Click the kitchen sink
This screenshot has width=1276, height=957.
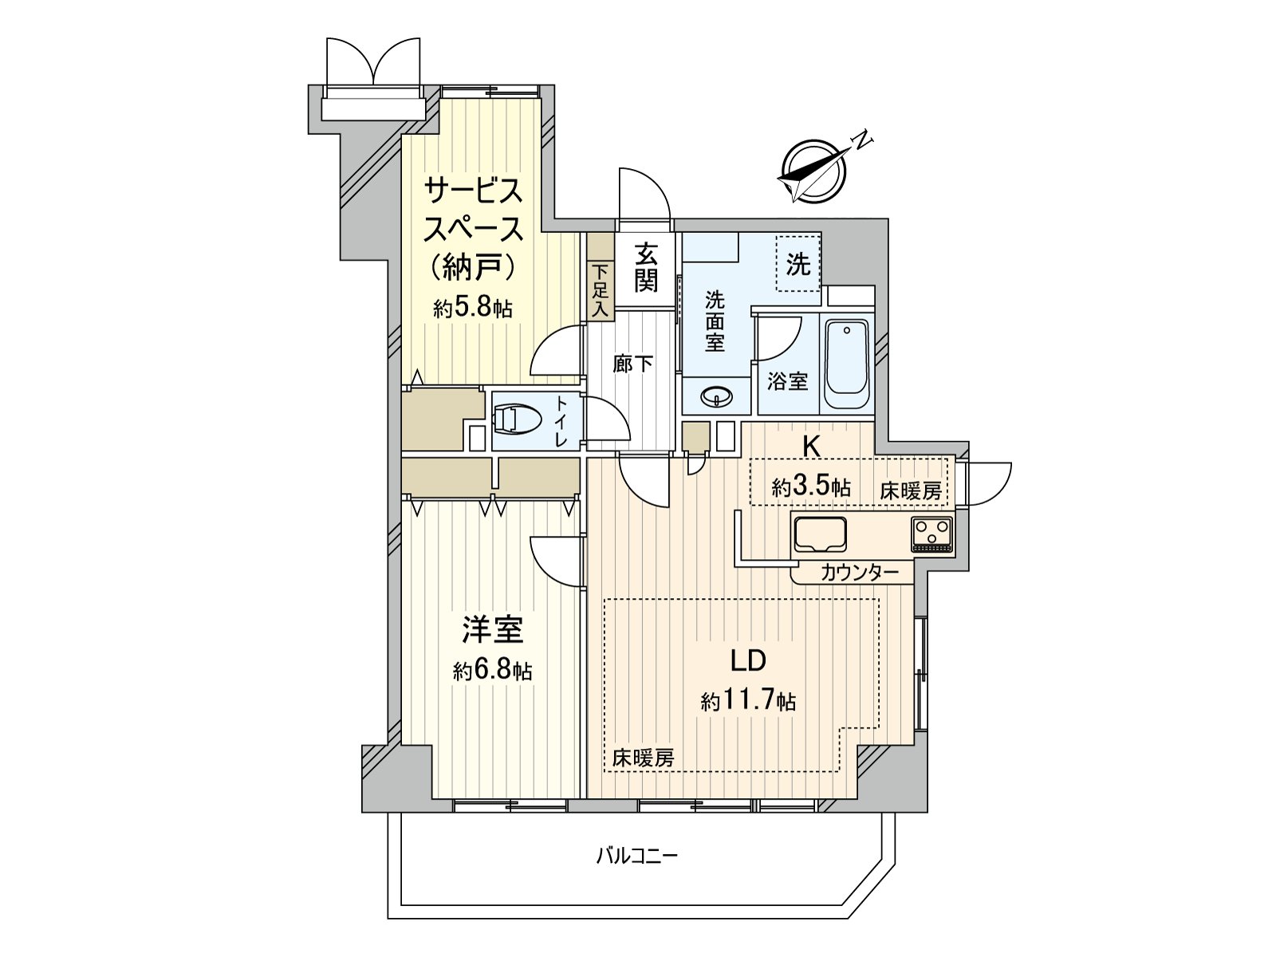click(819, 534)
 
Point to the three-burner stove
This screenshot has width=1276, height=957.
click(931, 534)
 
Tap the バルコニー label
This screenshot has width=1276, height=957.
click(637, 857)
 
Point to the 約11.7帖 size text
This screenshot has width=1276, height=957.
click(748, 702)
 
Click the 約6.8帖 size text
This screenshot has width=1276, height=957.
click(492, 671)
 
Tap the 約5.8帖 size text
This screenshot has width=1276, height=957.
click(473, 309)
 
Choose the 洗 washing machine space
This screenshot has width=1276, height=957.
click(798, 264)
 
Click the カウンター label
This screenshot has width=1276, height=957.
click(859, 571)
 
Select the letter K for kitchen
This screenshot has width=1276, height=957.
click(811, 448)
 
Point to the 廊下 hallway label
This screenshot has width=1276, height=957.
click(633, 364)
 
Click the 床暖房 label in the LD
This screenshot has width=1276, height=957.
click(643, 758)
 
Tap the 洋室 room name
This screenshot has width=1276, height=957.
click(493, 630)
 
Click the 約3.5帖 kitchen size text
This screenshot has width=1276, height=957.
click(811, 487)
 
